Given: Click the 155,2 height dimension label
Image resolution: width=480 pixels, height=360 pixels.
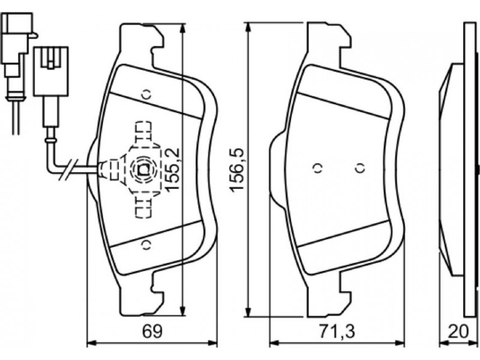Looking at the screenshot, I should pos(173,169).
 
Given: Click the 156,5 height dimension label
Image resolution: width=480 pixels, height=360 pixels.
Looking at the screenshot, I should pos(239,170).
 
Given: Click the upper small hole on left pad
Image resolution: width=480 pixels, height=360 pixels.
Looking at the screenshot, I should pos(145,94).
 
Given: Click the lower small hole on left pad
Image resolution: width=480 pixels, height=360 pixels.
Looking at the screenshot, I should pos(145,244).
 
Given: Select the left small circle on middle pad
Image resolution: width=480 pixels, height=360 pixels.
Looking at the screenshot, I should pos(317,169).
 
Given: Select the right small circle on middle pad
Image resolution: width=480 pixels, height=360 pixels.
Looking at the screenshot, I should pos(359,169).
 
